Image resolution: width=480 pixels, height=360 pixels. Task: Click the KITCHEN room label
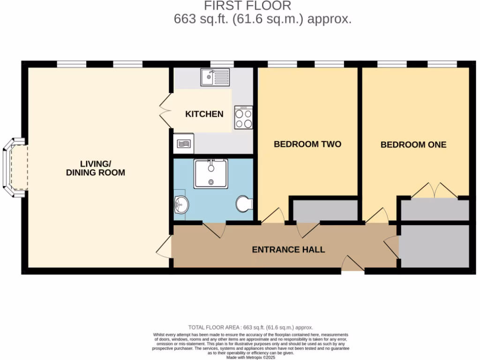point(204,114)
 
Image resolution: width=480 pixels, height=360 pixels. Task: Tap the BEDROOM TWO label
point(307,144)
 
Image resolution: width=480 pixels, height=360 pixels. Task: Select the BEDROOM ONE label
point(413,144)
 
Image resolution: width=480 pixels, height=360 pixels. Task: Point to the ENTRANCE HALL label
point(288,249)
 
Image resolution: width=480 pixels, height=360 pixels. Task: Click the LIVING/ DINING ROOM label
point(95,168)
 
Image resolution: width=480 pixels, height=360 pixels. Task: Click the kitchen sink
point(215,77)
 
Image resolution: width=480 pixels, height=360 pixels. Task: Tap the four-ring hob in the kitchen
point(244,117)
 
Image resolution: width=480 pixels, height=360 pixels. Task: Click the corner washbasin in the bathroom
point(180,204)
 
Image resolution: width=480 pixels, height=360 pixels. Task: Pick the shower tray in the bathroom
point(211,173)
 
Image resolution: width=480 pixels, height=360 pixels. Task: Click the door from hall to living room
point(164,247)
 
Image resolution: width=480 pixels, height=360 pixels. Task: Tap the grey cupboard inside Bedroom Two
point(325,210)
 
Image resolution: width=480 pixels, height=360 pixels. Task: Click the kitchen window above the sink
point(222,64)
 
